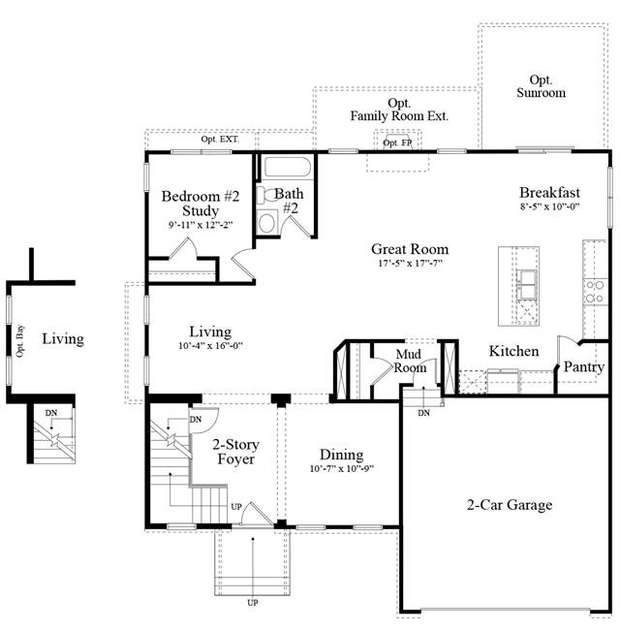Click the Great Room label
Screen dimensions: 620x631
point(410,249)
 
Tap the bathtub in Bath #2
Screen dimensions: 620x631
point(288,167)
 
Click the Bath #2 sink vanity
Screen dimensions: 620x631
point(266,222)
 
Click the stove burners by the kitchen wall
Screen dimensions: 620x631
point(595,292)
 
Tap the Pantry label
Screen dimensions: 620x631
point(584,367)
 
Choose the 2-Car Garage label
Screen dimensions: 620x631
point(510,505)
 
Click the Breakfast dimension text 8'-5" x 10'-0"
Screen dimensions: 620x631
point(549,206)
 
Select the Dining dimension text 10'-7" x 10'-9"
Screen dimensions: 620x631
point(342,469)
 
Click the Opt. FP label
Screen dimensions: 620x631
point(397,142)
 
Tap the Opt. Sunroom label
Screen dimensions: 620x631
point(542,86)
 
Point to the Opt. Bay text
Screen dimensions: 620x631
point(19,341)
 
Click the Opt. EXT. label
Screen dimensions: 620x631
point(220,140)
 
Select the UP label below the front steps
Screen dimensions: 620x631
point(253,603)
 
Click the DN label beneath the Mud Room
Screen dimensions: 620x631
point(423,413)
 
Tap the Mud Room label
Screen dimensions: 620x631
point(410,361)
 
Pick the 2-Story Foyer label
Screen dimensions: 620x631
point(236,452)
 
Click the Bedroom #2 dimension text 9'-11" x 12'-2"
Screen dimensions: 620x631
point(201,225)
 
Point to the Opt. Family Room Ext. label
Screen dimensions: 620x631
point(399,110)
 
